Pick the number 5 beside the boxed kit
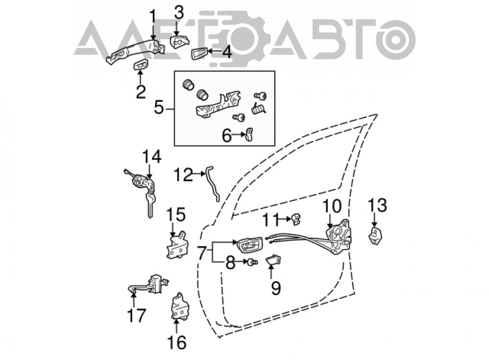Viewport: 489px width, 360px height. [159, 108]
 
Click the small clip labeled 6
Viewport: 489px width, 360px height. [249, 134]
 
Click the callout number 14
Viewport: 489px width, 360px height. [152, 157]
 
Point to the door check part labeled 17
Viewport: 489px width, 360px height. [149, 285]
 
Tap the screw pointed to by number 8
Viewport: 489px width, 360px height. [252, 263]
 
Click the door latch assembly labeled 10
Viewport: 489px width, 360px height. [339, 237]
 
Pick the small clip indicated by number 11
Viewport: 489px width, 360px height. [296, 219]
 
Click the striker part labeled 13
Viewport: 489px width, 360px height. [376, 236]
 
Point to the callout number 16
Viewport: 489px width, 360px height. [177, 342]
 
